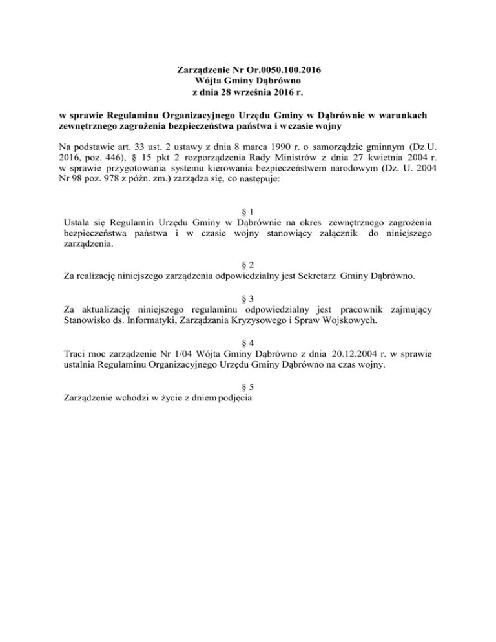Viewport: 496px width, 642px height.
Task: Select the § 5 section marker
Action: pos(248,386)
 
